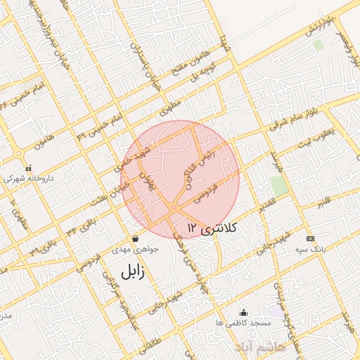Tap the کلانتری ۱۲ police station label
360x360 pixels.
(214, 227)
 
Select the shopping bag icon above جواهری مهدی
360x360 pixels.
(135, 238)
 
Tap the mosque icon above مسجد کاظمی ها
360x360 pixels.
(243, 312)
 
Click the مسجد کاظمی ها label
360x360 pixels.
(240, 323)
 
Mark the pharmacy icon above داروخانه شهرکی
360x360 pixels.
(29, 169)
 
